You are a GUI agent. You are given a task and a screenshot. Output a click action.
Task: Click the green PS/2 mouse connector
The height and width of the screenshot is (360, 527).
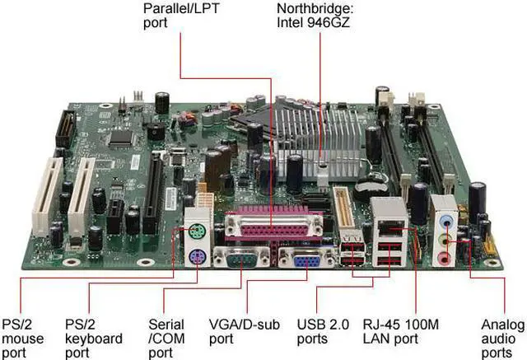pyautogui.click(x=195, y=231)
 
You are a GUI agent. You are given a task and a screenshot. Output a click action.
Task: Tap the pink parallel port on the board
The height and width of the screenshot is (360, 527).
pyautogui.click(x=268, y=227)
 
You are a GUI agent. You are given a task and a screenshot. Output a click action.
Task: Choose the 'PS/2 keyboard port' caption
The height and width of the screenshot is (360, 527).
pyautogui.click(x=93, y=338)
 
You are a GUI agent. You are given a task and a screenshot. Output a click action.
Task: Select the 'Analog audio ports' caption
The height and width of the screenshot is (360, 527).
pyautogui.click(x=501, y=338)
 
